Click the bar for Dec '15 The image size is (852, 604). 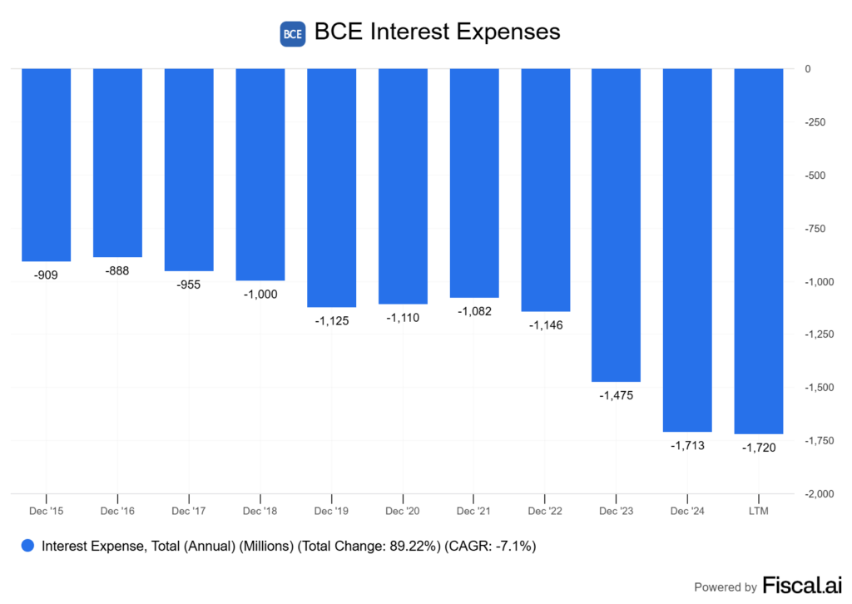click(46, 165)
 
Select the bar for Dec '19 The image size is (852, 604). click(332, 187)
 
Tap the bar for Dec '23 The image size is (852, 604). click(617, 225)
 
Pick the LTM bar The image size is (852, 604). click(759, 250)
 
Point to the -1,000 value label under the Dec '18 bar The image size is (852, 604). click(260, 294)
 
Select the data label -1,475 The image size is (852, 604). click(617, 395)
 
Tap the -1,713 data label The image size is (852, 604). click(688, 445)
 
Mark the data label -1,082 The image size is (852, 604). click(474, 311)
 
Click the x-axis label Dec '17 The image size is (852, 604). click(189, 509)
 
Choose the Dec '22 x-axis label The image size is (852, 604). click(546, 509)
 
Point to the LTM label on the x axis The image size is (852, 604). click(759, 509)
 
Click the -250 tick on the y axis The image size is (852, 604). click(815, 123)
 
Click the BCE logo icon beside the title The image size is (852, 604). click(293, 34)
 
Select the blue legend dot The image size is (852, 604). click(28, 547)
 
